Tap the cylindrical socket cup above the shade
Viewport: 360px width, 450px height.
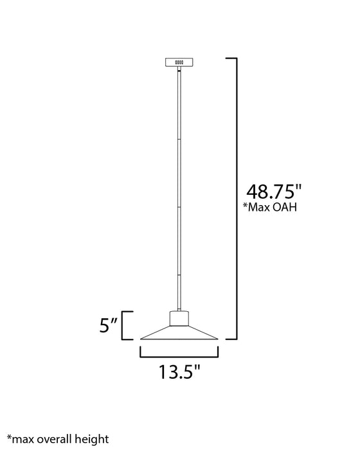[180, 318]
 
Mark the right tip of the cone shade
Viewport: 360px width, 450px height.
[219, 339]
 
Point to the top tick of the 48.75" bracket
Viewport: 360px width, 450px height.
[231, 59]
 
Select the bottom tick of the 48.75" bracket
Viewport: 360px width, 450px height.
[231, 338]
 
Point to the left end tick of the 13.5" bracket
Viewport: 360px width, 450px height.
[141, 351]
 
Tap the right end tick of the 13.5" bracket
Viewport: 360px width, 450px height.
[219, 351]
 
